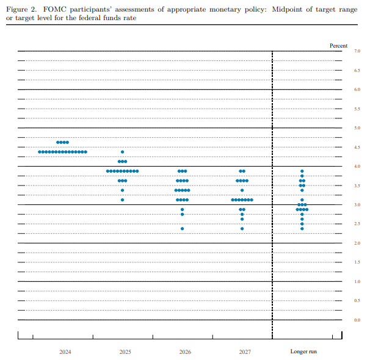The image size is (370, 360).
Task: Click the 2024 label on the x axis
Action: [x=65, y=352]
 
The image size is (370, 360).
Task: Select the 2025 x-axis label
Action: [x=125, y=352]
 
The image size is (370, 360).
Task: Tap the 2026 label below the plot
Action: [x=184, y=352]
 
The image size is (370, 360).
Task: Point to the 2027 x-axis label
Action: [x=244, y=352]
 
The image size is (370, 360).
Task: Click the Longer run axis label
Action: [x=303, y=352]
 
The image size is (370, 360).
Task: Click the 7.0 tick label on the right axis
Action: [x=357, y=51]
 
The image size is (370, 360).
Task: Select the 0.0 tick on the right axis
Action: [x=357, y=320]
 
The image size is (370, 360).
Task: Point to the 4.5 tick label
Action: [x=357, y=147]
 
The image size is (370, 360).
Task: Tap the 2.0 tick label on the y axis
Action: [x=357, y=243]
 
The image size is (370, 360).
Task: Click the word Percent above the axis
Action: [x=338, y=46]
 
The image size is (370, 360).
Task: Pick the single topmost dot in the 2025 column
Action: [x=122, y=152]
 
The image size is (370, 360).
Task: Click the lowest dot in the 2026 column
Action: [x=182, y=229]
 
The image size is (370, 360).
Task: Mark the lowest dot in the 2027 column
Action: [x=242, y=229]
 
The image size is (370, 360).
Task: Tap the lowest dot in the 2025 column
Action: [x=122, y=200]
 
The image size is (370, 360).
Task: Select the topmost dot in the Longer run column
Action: [x=302, y=171]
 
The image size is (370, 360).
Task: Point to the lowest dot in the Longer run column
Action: [x=302, y=229]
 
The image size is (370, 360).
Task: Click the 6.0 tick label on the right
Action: [x=357, y=90]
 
